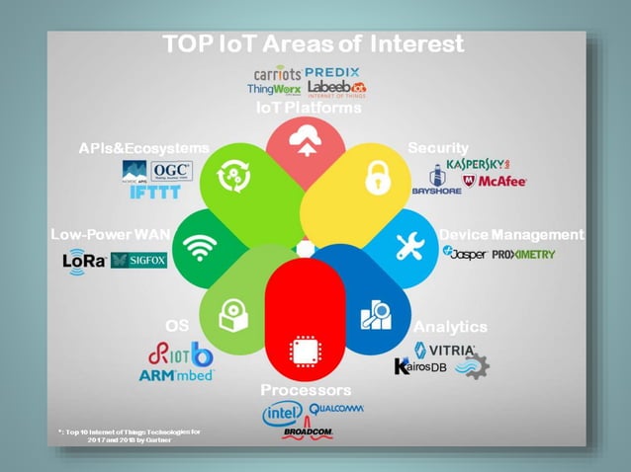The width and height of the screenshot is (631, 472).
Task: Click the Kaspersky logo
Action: pyautogui.click(x=478, y=163)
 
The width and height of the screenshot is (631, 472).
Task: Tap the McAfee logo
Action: pyautogui.click(x=496, y=183)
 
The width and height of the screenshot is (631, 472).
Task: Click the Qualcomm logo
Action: pyautogui.click(x=336, y=408)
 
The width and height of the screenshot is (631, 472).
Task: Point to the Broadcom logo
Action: pyautogui.click(x=307, y=433)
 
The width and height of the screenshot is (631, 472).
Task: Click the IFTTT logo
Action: pyautogui.click(x=155, y=193)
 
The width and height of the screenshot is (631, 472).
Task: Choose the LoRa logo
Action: pyautogui.click(x=82, y=260)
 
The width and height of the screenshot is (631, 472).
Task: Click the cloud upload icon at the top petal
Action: pyautogui.click(x=304, y=144)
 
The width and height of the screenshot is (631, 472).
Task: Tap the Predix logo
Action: pyautogui.click(x=332, y=72)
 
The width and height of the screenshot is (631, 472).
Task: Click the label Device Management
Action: pyautogui.click(x=511, y=234)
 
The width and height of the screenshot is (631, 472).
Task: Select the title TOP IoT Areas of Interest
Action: pyautogui.click(x=313, y=44)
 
